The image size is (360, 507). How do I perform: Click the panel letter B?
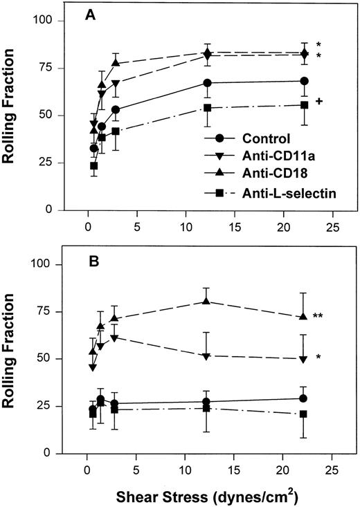coord(89,261)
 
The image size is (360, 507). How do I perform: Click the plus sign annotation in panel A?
coord(319,102)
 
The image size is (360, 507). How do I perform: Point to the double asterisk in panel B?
coord(320,316)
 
